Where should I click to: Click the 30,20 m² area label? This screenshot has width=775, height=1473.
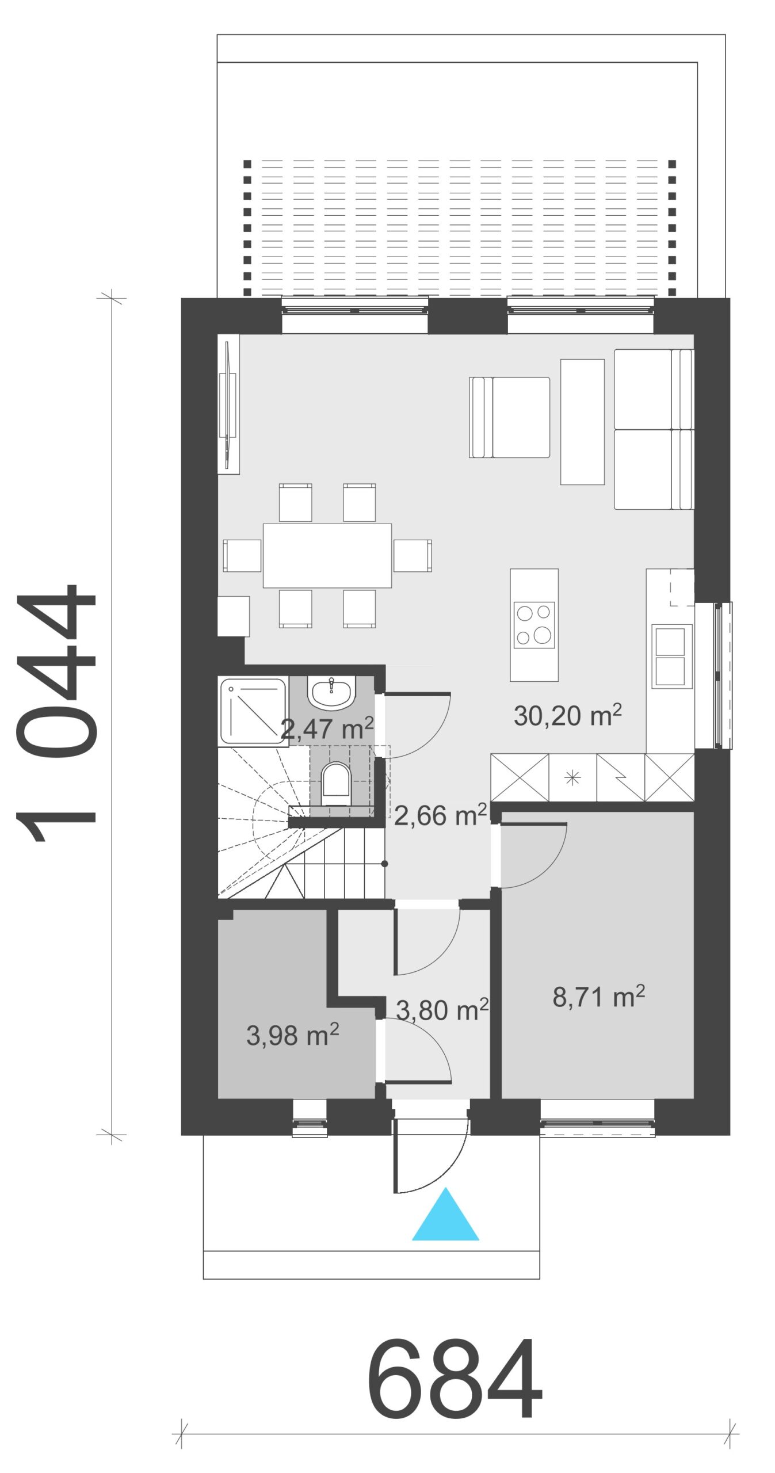[567, 715]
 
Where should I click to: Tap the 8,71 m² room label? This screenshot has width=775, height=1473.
[598, 997]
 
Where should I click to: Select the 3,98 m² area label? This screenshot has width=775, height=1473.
[292, 1035]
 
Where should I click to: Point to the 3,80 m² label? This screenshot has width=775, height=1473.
[442, 1010]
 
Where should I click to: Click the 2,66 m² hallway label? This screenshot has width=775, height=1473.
[440, 815]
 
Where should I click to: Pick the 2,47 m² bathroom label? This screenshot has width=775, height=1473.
[327, 728]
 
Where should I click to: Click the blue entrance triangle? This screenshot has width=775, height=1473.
[445, 1214]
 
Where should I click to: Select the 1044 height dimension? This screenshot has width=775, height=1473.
[56, 713]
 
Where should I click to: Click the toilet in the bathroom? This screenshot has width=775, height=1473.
[336, 784]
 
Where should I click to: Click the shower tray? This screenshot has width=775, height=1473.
[253, 711]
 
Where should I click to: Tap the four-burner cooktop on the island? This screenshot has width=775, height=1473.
[534, 625]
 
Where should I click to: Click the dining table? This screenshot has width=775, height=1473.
[327, 555]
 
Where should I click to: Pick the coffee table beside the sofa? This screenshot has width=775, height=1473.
[582, 422]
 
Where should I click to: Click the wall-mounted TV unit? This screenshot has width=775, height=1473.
[228, 404]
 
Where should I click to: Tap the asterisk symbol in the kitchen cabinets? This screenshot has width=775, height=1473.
[572, 778]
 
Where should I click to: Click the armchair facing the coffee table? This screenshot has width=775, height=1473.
[509, 417]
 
